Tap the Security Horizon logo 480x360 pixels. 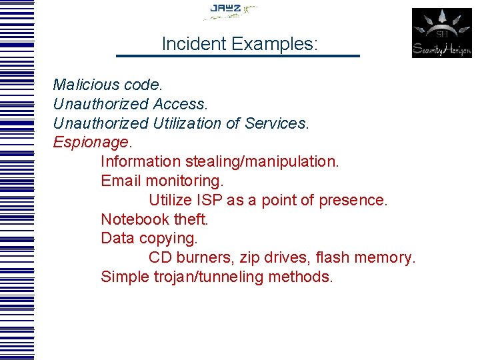(441, 33)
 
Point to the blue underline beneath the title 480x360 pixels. (238, 56)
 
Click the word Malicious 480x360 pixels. (80, 85)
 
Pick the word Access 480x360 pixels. (180, 104)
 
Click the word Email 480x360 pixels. (121, 181)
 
